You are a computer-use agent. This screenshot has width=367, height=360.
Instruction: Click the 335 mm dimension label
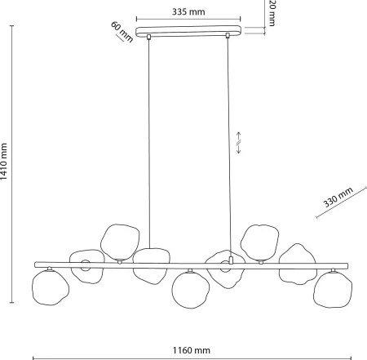click(x=188, y=11)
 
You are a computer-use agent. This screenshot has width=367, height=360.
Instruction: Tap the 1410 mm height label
click(x=3, y=161)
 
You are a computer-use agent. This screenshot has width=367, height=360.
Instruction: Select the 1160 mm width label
click(x=192, y=350)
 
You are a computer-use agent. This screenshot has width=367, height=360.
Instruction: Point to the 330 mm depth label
click(x=338, y=197)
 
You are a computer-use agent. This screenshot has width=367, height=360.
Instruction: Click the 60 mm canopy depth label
click(x=122, y=32)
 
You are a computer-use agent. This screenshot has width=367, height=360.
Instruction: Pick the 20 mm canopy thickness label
click(x=272, y=13)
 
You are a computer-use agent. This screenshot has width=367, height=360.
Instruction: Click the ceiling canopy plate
click(x=188, y=31)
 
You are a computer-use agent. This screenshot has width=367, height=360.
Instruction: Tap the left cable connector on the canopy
click(x=148, y=37)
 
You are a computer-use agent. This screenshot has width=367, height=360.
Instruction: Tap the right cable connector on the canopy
click(x=228, y=35)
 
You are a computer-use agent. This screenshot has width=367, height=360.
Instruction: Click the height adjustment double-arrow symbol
click(x=238, y=143)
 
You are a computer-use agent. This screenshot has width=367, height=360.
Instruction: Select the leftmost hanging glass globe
click(x=51, y=287)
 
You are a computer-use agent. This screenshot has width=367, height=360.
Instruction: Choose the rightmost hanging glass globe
click(x=333, y=290)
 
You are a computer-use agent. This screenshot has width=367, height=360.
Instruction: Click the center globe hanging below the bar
click(x=191, y=290)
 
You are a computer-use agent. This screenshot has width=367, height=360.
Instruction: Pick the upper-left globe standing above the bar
click(x=120, y=242)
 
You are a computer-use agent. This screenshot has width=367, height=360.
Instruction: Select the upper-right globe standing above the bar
click(x=260, y=242)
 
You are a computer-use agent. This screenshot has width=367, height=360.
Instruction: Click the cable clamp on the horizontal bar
click(x=231, y=260)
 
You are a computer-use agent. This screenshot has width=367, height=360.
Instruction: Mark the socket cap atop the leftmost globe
click(x=49, y=269)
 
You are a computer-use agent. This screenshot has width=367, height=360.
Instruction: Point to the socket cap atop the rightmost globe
click(x=333, y=270)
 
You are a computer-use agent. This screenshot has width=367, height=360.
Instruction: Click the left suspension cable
click(x=148, y=144)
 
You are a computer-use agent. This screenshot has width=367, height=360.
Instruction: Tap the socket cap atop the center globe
click(x=190, y=270)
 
